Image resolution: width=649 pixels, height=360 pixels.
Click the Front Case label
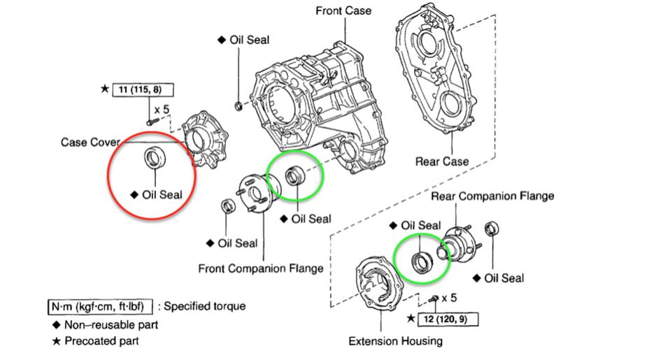click(x=343, y=10)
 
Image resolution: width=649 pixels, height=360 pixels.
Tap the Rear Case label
click(x=441, y=161)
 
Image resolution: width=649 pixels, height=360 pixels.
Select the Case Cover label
click(x=90, y=143)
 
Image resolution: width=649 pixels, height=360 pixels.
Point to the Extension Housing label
click(x=395, y=341)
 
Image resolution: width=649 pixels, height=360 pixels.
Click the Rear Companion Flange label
click(x=492, y=196)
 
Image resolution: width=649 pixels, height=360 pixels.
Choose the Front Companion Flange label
click(x=261, y=268)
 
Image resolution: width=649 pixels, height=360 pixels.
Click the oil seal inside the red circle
click(x=155, y=158)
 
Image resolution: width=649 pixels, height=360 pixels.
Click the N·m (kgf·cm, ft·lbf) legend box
click(x=100, y=307)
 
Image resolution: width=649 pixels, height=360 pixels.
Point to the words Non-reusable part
click(x=111, y=325)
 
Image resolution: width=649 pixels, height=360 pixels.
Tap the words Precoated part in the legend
click(x=102, y=341)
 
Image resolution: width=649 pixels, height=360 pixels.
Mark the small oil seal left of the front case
click(x=238, y=106)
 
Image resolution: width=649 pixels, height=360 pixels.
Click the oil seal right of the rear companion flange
click(x=492, y=229)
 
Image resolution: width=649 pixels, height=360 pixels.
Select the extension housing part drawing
click(x=379, y=285)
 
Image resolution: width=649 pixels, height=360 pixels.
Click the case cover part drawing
click(x=206, y=138)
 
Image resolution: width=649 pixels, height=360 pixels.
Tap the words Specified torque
click(x=204, y=306)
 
